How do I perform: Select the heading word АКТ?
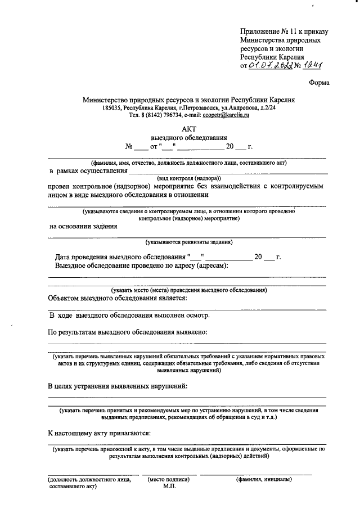coord(188,128)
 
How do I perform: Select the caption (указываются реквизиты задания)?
coord(188,242)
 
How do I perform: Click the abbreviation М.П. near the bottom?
coord(169,487)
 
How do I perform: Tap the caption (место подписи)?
coord(169,480)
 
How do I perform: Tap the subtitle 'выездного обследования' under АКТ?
coord(188,137)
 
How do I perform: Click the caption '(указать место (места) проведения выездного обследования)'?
coord(188,290)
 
